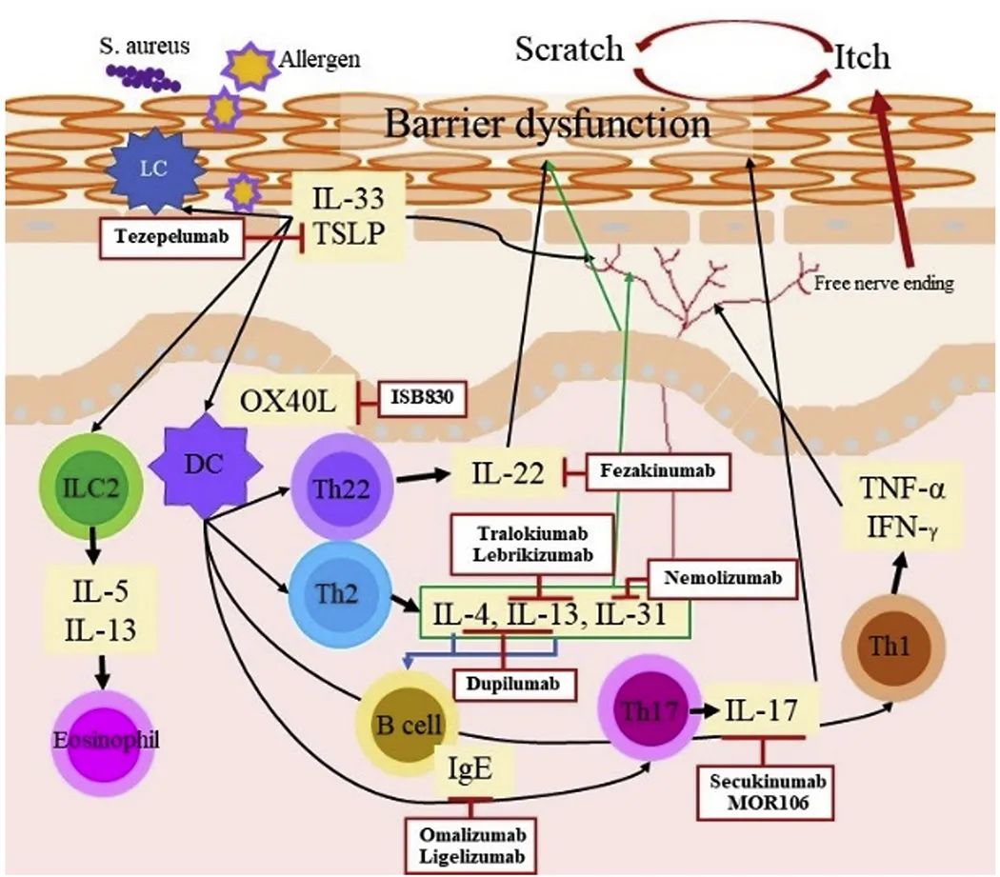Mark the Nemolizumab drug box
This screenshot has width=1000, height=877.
(709, 576)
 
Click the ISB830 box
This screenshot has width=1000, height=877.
(423, 399)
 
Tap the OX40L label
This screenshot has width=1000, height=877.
(289, 401)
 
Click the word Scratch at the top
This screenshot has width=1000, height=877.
(569, 50)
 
